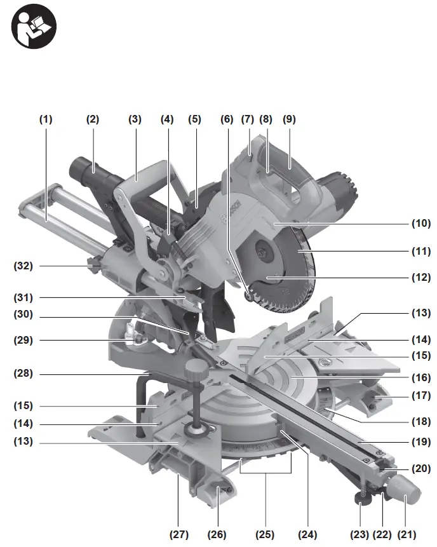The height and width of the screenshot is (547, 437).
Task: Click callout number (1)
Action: point(46,119)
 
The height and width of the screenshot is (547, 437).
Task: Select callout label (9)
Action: point(290,119)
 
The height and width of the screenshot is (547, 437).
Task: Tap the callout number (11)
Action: point(420,252)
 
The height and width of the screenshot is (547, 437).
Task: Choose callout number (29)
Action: point(24,340)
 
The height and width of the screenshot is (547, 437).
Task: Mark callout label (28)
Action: point(24,374)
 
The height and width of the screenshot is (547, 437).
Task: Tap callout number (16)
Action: point(420,377)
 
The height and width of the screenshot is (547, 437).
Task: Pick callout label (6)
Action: point(227,119)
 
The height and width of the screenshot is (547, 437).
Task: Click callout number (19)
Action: point(420,442)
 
